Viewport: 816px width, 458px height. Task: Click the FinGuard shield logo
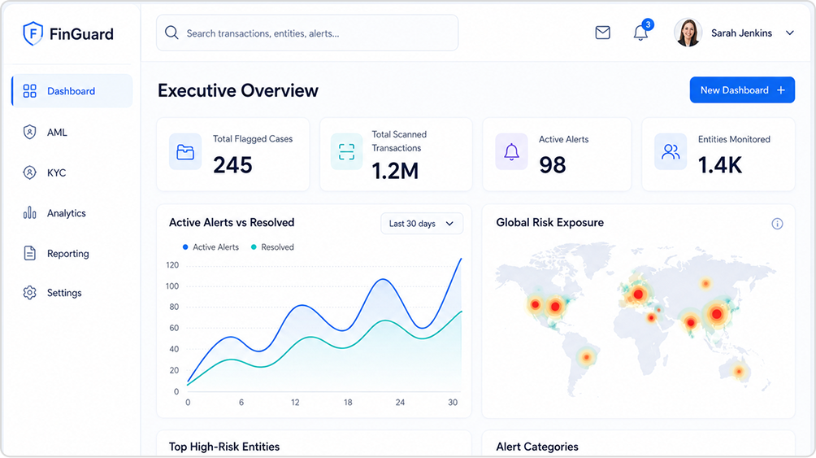pyautogui.click(x=33, y=34)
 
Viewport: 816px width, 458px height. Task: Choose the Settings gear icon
pyautogui.click(x=29, y=293)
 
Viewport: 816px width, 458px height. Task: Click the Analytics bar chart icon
pyautogui.click(x=29, y=212)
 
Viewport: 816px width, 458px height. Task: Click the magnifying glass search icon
pyautogui.click(x=171, y=33)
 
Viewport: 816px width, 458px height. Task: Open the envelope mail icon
pyautogui.click(x=602, y=33)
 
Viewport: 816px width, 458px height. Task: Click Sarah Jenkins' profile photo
pyautogui.click(x=688, y=33)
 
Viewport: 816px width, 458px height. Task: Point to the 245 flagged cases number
pyautogui.click(x=232, y=165)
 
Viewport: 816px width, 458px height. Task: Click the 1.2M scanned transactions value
pyautogui.click(x=395, y=171)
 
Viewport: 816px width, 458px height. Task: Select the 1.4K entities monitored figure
pyautogui.click(x=720, y=165)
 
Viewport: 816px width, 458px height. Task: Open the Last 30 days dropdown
pyautogui.click(x=422, y=224)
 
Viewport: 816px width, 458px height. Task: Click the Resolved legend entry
pyautogui.click(x=272, y=247)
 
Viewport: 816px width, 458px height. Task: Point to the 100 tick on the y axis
pyautogui.click(x=172, y=286)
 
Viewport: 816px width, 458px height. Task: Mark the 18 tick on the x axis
pyautogui.click(x=348, y=402)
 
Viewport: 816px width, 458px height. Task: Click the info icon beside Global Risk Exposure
pyautogui.click(x=777, y=224)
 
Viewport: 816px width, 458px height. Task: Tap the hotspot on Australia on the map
pyautogui.click(x=739, y=372)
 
